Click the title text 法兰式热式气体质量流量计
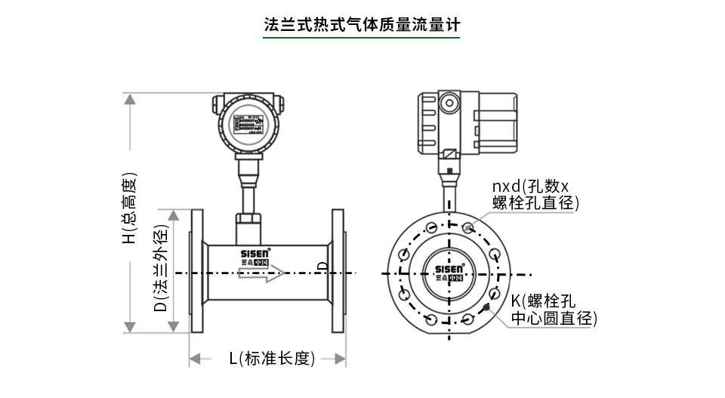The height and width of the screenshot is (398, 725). point(362,24)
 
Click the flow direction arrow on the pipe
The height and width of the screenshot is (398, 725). point(263,271)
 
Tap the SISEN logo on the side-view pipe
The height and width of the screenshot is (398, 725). point(261,255)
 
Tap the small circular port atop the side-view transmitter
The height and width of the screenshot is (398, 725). point(449,101)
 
